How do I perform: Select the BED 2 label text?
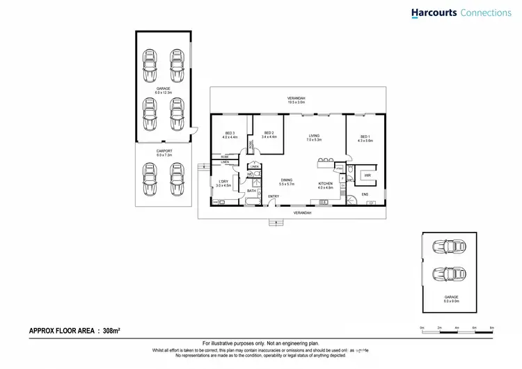pyautogui.click(x=269, y=134)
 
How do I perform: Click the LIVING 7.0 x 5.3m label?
pyautogui.click(x=314, y=137)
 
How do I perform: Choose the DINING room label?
pyautogui.click(x=287, y=182)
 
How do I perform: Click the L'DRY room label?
pyautogui.click(x=223, y=184)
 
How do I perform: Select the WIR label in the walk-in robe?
pyautogui.click(x=367, y=175)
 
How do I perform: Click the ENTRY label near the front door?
pyautogui.click(x=274, y=196)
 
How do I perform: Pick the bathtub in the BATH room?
pyautogui.click(x=251, y=201)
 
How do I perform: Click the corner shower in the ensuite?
pyautogui.click(x=351, y=200)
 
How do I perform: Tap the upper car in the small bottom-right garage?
pyautogui.click(x=449, y=246)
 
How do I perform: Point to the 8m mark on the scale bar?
pyautogui.click(x=491, y=327)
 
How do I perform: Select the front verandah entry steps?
pyautogui.click(x=276, y=223)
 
